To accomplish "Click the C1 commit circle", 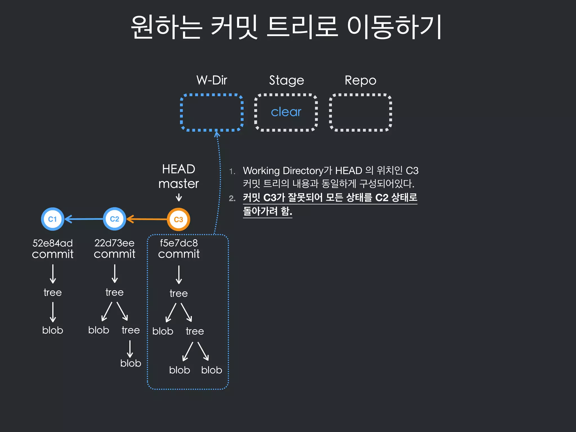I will [x=53, y=219].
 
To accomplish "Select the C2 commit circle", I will [x=114, y=219].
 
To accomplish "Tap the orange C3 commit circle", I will [x=179, y=219].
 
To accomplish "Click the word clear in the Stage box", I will [x=286, y=112].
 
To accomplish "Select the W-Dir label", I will [x=211, y=80].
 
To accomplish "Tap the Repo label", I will [x=360, y=80].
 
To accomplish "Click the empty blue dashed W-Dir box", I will [x=211, y=112].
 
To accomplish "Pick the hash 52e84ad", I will [x=53, y=243].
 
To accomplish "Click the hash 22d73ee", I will [x=114, y=243].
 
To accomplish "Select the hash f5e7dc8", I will [x=179, y=243].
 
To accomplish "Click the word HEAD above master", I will [x=179, y=169].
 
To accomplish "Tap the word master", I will [x=179, y=184].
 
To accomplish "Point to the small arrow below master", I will [x=179, y=197].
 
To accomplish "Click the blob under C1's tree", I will [x=53, y=330].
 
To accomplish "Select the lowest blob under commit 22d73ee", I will [x=130, y=363].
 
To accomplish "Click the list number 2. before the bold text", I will [x=232, y=198].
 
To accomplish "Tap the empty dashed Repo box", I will [x=360, y=112].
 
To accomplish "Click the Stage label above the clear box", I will [x=286, y=80].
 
